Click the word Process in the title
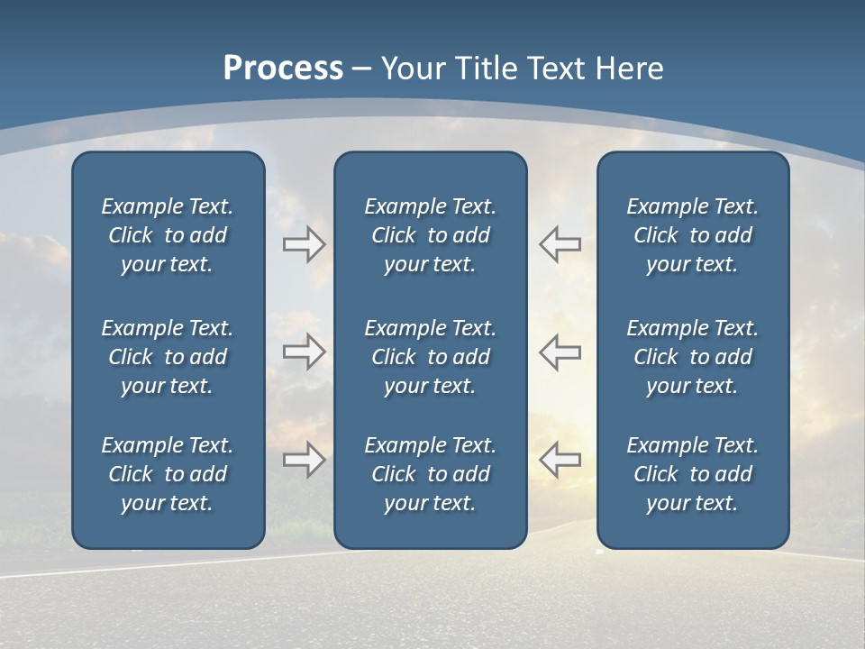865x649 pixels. (283, 69)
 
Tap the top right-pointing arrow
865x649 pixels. (304, 244)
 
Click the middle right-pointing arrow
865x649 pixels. (304, 352)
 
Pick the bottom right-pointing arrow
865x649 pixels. (304, 459)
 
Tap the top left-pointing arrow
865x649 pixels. (560, 244)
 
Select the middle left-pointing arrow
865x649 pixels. (560, 352)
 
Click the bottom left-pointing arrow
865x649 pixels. (560, 459)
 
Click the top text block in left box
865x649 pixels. (168, 235)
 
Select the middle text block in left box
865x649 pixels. (168, 357)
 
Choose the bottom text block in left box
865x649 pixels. (168, 474)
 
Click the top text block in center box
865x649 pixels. (430, 235)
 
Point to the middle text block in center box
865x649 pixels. (430, 357)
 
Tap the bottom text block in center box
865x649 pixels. (430, 474)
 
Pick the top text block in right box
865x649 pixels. (692, 235)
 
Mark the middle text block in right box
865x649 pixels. (692, 357)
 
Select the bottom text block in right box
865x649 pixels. (692, 474)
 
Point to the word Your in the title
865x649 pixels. (412, 69)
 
